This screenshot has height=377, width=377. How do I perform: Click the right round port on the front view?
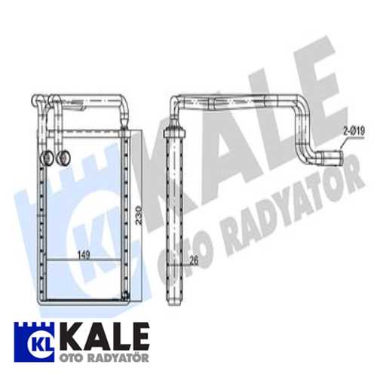[x=63, y=158]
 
